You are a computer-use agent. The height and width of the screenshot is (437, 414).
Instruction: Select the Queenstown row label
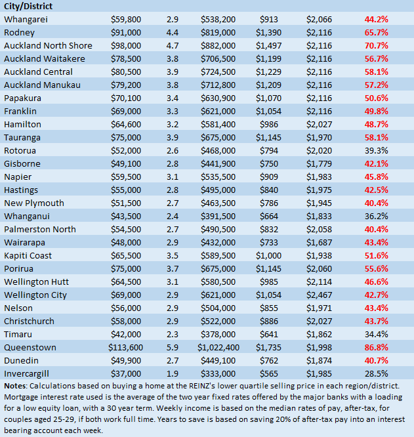[30, 347]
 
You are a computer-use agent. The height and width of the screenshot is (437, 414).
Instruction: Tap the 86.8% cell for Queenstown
[376, 347]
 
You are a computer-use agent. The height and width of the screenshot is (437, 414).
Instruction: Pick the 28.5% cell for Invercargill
[376, 373]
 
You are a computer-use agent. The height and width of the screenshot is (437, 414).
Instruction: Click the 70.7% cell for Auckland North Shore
[376, 45]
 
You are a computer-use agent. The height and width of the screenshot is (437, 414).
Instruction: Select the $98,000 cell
[127, 45]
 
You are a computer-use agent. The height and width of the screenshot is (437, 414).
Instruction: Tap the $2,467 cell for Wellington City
[319, 295]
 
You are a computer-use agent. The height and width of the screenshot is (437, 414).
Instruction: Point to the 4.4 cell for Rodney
[173, 32]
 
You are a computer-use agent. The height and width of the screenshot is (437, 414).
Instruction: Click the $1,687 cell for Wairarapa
[319, 242]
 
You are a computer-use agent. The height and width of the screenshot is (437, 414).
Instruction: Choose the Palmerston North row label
[39, 229]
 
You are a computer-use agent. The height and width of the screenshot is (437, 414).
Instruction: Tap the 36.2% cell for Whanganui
[376, 216]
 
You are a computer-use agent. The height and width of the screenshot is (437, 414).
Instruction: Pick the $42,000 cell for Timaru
[127, 334]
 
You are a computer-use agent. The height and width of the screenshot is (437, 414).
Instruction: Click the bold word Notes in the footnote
[16, 385]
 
